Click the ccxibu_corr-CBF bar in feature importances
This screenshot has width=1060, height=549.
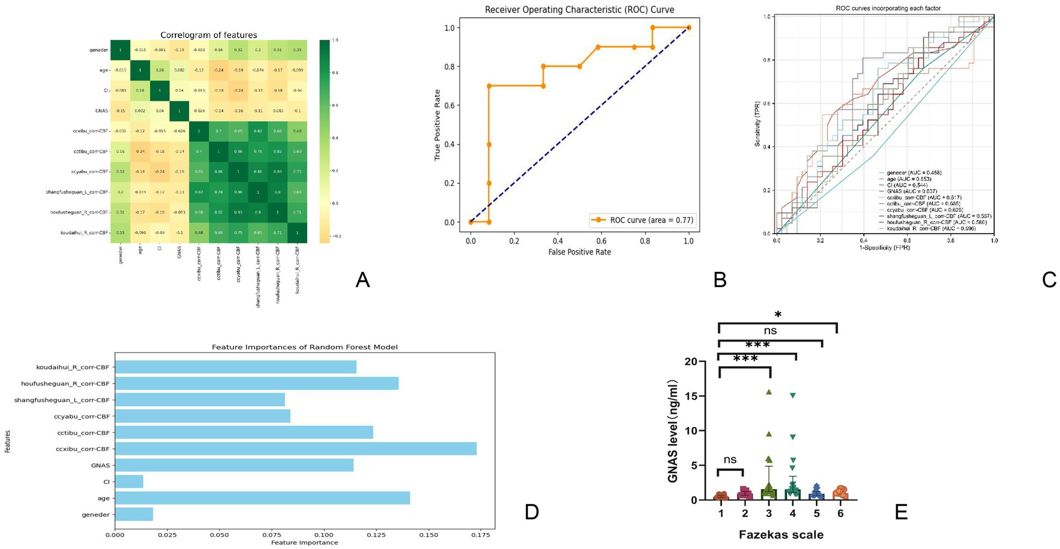(x=296, y=449)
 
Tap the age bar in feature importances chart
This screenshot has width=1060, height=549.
(x=262, y=498)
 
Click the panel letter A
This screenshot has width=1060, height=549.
(x=362, y=280)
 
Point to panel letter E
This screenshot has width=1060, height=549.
(x=901, y=512)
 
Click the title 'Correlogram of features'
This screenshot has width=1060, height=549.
(x=209, y=35)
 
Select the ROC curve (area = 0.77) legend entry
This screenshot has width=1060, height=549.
(x=642, y=220)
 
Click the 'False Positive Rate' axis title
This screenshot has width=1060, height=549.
(x=580, y=252)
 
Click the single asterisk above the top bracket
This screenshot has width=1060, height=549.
(x=778, y=315)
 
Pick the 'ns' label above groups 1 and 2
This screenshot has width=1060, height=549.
(x=730, y=459)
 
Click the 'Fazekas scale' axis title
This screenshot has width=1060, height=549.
(x=781, y=535)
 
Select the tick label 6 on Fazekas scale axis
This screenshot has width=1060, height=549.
(x=840, y=514)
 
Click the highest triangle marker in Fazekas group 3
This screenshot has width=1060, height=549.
(x=769, y=392)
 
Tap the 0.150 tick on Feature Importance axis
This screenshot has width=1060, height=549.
(x=428, y=535)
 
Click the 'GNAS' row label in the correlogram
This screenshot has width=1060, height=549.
(x=101, y=111)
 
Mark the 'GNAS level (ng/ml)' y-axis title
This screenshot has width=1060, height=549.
(x=673, y=431)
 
